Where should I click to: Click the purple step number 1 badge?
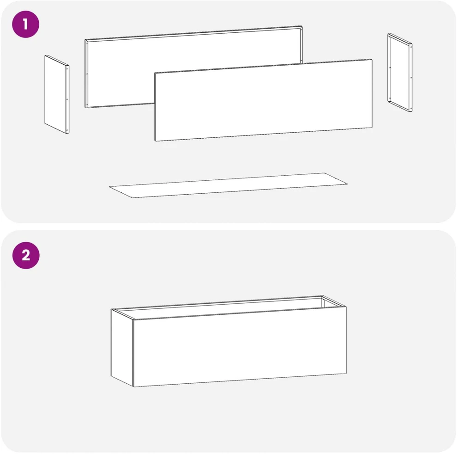click(26, 24)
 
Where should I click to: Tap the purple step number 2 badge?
click(26, 255)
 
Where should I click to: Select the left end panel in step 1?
click(57, 94)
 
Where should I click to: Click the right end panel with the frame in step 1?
click(400, 73)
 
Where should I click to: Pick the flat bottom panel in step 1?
click(228, 185)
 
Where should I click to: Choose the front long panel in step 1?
click(263, 100)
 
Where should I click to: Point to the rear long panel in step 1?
click(193, 67)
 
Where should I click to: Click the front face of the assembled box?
click(240, 347)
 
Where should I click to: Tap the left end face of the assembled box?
click(122, 348)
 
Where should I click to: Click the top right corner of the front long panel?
click(372, 59)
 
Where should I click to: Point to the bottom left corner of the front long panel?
click(155, 141)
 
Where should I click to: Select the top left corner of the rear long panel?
click(85, 39)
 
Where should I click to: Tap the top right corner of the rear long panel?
click(302, 26)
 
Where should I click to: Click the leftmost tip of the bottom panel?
click(109, 186)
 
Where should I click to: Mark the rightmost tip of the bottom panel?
click(347, 184)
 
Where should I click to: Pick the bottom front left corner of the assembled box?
click(134, 387)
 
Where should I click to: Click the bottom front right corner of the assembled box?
click(346, 374)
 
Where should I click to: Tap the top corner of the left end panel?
click(46, 55)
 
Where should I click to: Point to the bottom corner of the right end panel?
click(411, 112)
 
